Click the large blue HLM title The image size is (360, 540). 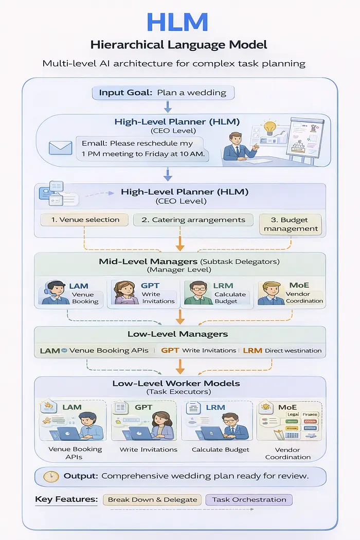click(x=177, y=23)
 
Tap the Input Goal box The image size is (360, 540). click(x=163, y=93)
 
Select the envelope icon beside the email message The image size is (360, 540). click(x=60, y=148)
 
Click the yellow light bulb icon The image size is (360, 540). click(x=269, y=128)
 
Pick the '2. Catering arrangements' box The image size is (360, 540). click(x=193, y=220)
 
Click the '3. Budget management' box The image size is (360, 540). click(x=291, y=224)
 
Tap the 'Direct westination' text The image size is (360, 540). click(x=293, y=351)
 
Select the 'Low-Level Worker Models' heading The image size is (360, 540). click(x=176, y=383)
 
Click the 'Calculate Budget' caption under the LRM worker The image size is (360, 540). click(x=221, y=449)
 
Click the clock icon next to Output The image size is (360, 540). click(x=51, y=476)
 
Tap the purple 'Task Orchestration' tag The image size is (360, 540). click(x=249, y=499)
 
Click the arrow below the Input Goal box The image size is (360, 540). click(x=167, y=106)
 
